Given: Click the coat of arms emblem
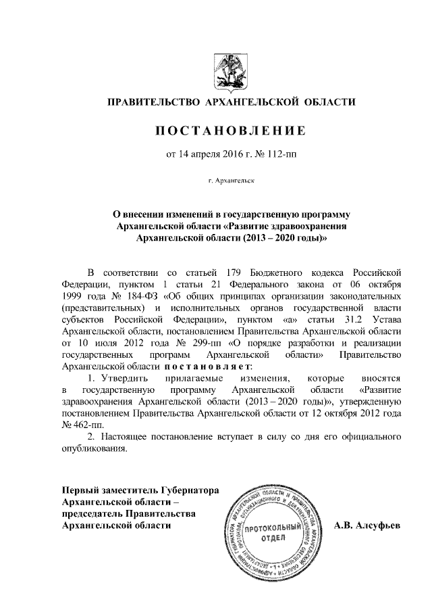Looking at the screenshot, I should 232,69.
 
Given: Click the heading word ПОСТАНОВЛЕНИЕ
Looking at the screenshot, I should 232,129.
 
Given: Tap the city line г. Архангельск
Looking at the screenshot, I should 232,181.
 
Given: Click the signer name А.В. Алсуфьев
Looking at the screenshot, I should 369,525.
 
